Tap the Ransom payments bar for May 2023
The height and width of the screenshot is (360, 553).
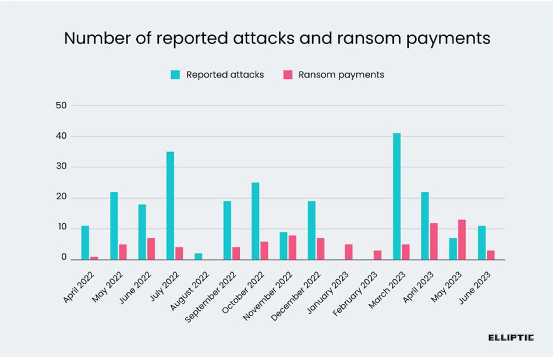tap(462, 239)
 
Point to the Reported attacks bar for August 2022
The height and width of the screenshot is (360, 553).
tap(198, 256)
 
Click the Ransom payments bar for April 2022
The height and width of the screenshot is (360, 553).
tap(94, 258)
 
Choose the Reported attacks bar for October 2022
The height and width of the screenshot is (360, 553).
tap(255, 221)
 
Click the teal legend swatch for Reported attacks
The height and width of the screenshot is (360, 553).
tap(175, 75)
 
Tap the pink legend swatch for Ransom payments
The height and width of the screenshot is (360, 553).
tap(288, 75)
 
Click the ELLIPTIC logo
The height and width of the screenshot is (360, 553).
tap(511, 337)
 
